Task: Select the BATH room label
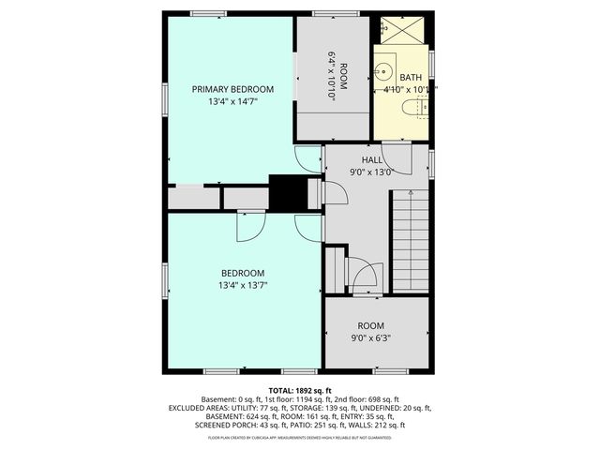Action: pos(410,78)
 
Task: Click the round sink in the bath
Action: pos(384,70)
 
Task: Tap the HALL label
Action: pos(357,160)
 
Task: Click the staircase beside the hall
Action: pos(409,239)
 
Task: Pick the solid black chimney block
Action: pos(289,192)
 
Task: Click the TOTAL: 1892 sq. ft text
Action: pos(300,390)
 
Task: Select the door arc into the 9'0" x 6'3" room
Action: pos(363,275)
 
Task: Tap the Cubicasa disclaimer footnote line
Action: pos(300,438)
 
